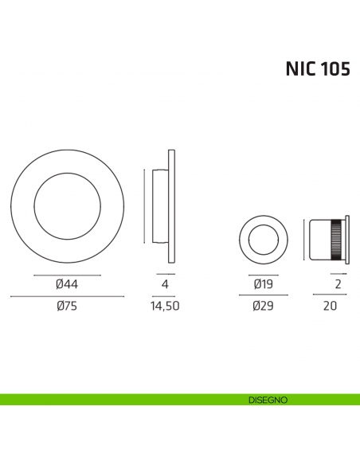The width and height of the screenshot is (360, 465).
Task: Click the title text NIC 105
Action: (x=317, y=68)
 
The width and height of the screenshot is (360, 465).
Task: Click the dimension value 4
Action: (x=162, y=284)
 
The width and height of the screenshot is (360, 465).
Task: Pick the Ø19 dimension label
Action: (x=263, y=284)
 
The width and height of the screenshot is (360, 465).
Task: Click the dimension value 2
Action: (x=338, y=284)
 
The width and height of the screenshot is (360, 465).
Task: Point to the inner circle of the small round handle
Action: (x=263, y=238)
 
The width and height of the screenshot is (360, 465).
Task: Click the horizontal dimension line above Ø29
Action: (x=263, y=296)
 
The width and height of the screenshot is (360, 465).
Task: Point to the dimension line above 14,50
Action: (x=162, y=296)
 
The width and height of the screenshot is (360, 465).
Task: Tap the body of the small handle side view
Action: (x=323, y=238)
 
